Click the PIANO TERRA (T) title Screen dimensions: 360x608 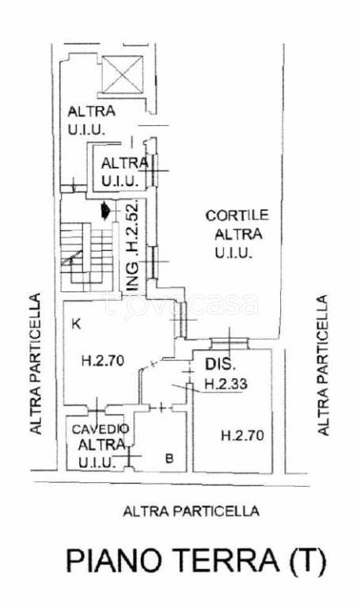pos(195,560)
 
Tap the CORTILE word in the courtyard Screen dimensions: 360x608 pos(237,215)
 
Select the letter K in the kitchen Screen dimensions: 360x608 pos(76,323)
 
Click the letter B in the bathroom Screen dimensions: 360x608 pos(169,458)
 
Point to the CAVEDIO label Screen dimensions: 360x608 pos(100,429)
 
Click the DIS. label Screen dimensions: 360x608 pos(220,364)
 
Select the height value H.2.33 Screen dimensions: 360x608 pos(226,384)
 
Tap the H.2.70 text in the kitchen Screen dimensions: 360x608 pos(103,361)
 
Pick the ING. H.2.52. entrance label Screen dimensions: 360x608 pos(133,246)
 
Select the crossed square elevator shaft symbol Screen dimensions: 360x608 pos(123,75)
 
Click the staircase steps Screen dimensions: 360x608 pos(86,256)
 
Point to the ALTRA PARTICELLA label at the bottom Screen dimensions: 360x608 pos(191,511)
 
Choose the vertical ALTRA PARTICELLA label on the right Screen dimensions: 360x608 pos(322,365)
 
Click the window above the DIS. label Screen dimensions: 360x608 pos(229,343)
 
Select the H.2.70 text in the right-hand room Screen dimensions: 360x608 pos(242,435)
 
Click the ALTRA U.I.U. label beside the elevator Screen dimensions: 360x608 pos(92,120)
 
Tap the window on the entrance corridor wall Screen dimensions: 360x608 pos(153,263)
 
